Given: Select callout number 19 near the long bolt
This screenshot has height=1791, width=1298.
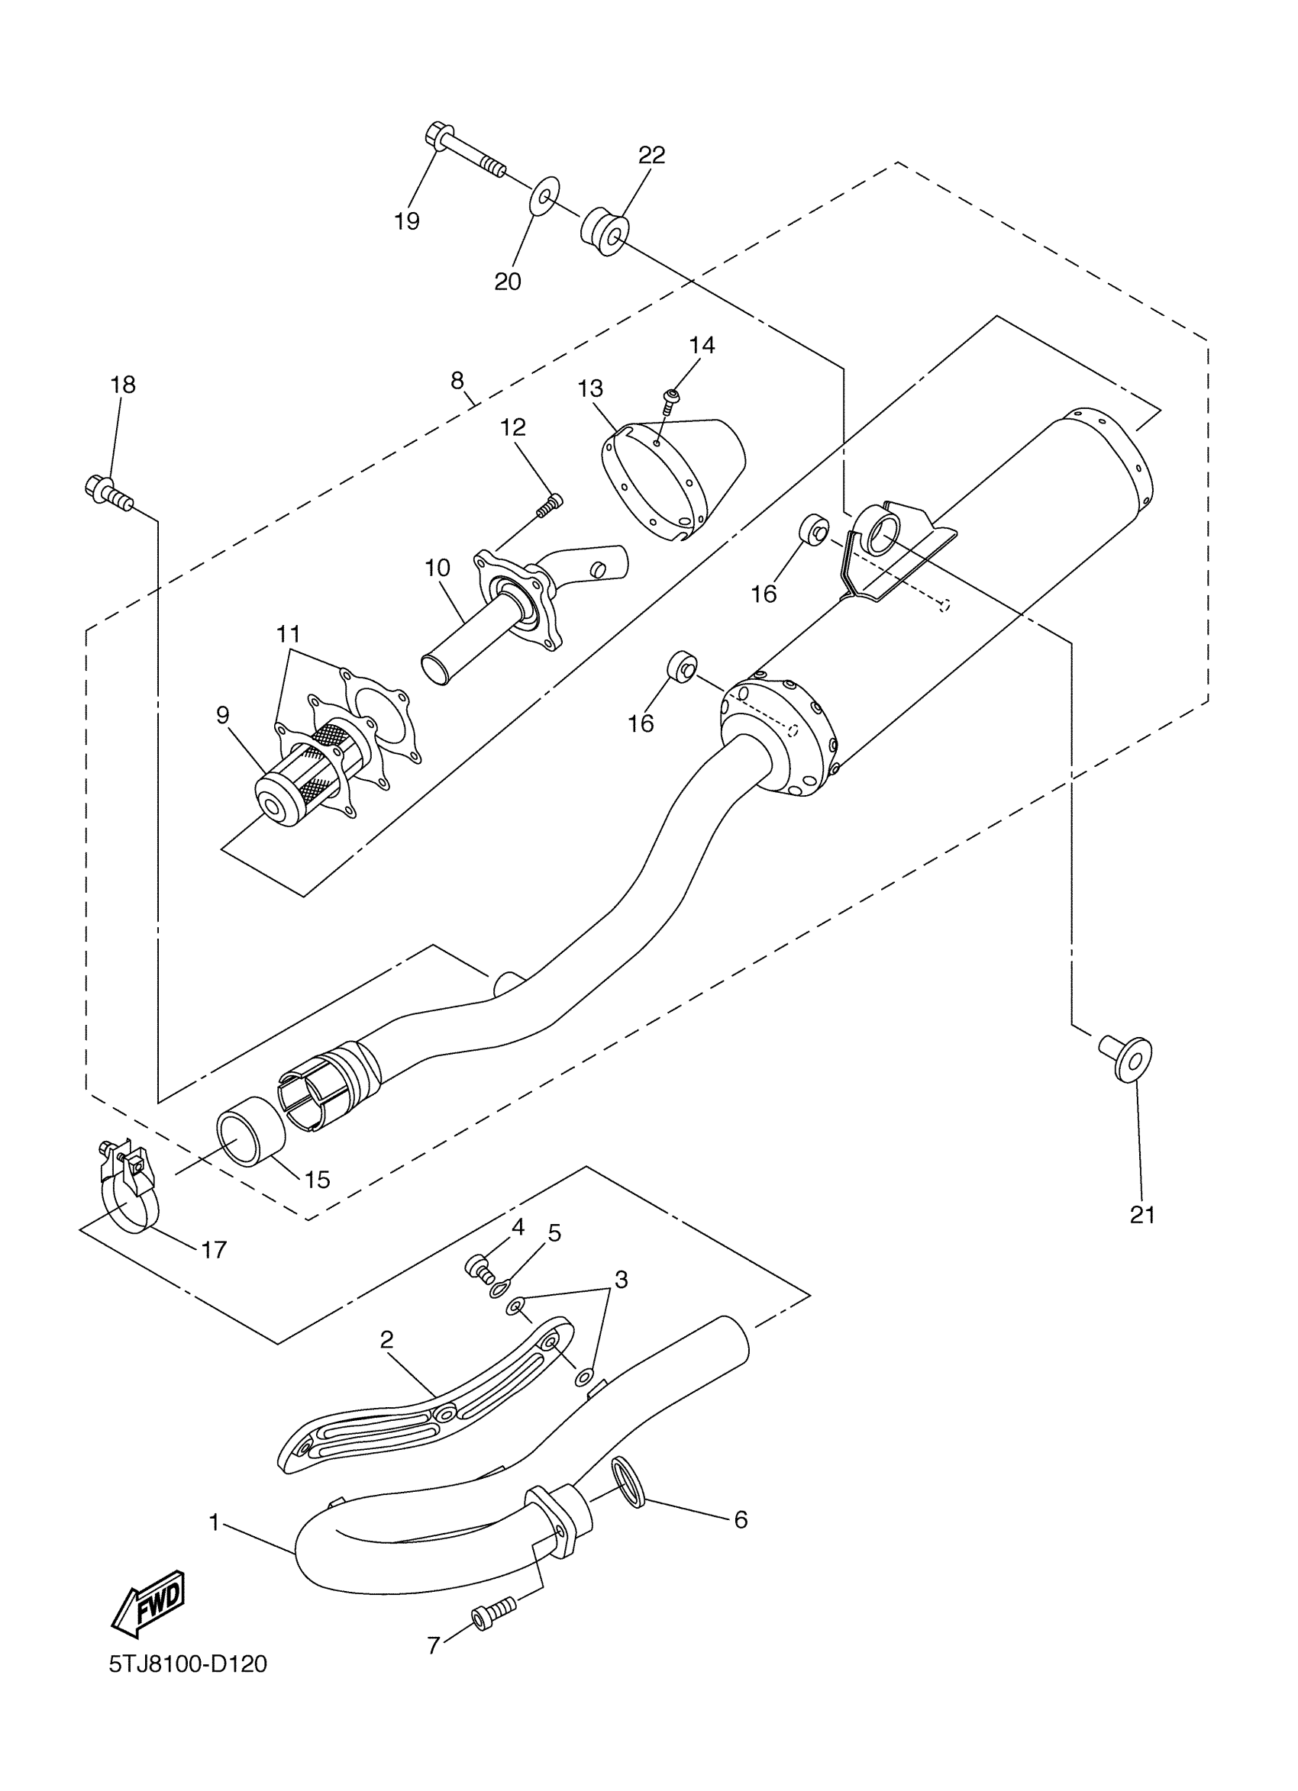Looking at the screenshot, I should tap(407, 221).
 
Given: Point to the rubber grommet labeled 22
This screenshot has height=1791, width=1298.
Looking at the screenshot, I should tap(606, 229).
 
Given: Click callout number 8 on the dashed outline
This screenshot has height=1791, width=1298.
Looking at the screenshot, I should tap(457, 382).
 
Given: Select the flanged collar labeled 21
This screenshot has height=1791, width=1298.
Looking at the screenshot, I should tap(1126, 1058).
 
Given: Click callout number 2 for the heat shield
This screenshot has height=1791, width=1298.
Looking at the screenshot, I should tap(386, 1339).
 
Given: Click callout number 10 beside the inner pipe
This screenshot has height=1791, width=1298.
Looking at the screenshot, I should tap(437, 568).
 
